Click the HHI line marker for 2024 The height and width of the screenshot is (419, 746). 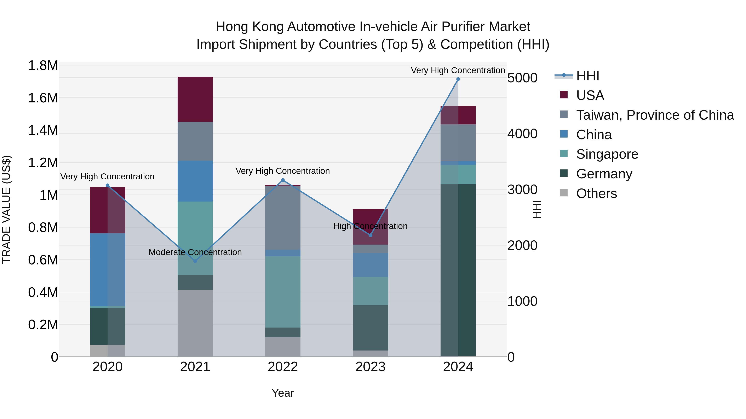click(458, 79)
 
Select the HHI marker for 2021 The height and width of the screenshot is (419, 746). click(195, 261)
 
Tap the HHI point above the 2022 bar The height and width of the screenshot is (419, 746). click(283, 180)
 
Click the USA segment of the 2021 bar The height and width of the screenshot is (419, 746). click(195, 99)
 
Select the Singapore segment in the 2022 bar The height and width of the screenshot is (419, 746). click(283, 292)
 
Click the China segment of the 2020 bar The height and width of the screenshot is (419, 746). click(107, 269)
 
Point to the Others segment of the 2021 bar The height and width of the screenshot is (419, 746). click(195, 323)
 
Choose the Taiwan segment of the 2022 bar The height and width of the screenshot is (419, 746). click(283, 218)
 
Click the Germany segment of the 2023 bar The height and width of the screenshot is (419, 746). click(370, 328)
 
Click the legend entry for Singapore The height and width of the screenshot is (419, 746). click(607, 154)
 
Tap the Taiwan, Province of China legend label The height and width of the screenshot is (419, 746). click(655, 115)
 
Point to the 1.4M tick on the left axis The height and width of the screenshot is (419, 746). click(43, 130)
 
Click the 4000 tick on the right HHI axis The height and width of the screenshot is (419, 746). click(522, 134)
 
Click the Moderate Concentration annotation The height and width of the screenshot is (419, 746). click(195, 252)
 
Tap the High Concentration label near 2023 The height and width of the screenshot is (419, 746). click(370, 226)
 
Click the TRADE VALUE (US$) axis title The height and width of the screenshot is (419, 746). click(7, 209)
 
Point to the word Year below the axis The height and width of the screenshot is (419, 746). click(283, 393)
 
